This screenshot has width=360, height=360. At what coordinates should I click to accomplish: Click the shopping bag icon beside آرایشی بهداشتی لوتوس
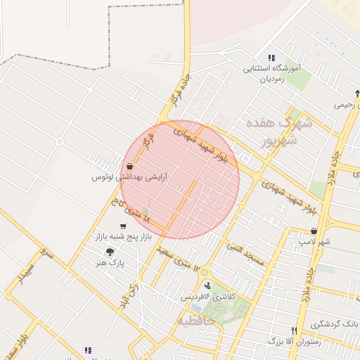click(129, 167)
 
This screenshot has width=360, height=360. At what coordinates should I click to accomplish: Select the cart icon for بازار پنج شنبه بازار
click(124, 226)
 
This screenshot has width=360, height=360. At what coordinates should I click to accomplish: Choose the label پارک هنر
click(111, 263)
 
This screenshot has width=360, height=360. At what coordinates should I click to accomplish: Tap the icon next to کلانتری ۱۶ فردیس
click(207, 285)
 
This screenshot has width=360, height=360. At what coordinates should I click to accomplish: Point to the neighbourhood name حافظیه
click(191, 321)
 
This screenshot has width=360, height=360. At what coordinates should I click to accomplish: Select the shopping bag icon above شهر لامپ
click(314, 231)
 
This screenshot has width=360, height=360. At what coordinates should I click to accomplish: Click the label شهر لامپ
click(314, 242)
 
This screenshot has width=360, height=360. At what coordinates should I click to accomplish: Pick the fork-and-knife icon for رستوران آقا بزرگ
click(294, 330)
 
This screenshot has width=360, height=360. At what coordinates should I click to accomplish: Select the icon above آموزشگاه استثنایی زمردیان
click(271, 58)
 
